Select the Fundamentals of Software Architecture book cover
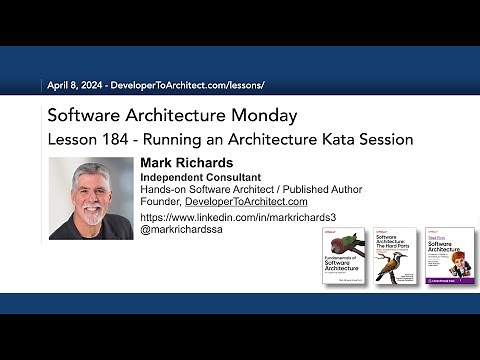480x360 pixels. point(343,256)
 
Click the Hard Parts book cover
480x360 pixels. point(394,256)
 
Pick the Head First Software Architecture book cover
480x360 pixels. point(444,256)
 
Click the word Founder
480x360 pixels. point(161,201)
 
